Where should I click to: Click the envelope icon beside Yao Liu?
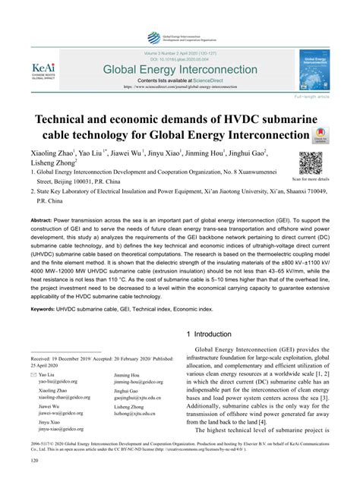point(33,375)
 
